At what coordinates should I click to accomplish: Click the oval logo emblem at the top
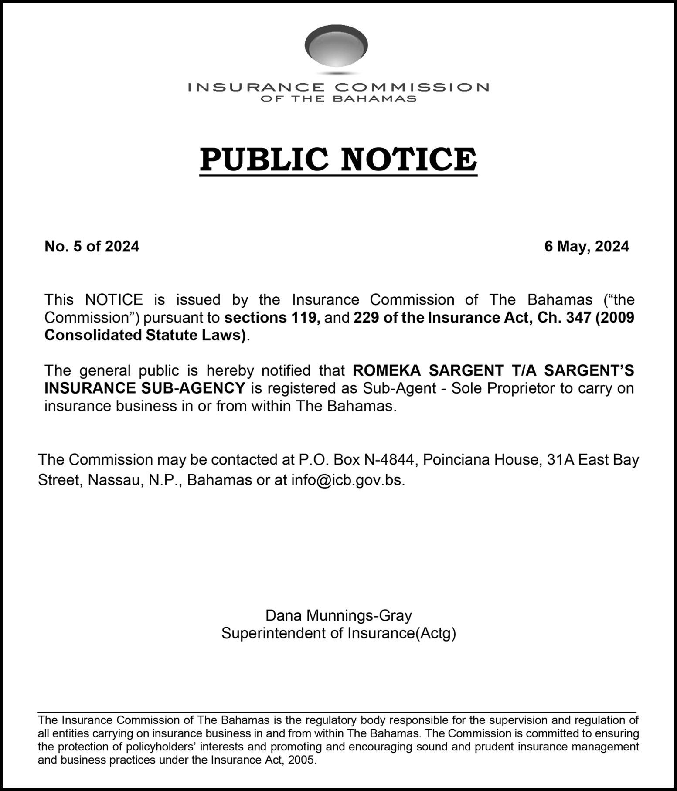pos(336,46)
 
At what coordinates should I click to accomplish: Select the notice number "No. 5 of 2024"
pos(92,247)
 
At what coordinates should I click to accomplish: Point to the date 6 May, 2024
pos(586,247)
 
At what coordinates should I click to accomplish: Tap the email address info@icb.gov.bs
pos(348,480)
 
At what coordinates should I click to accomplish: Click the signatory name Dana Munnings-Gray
pos(339,615)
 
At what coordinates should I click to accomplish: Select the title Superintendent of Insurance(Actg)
pos(339,633)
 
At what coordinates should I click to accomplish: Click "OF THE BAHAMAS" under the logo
pos(338,99)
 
